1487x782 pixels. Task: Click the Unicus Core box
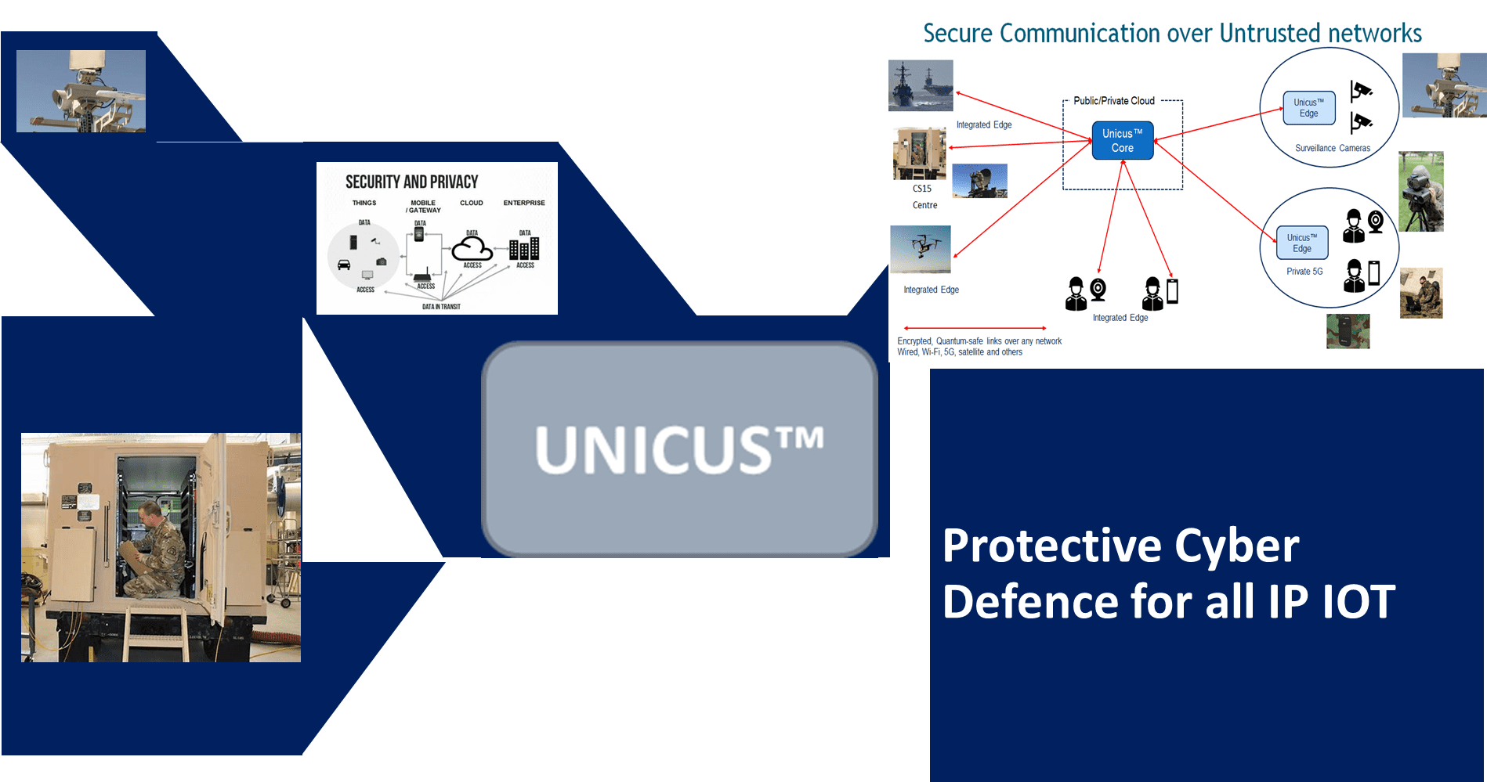coord(1122,141)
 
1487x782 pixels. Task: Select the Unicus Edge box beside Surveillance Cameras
coord(1308,108)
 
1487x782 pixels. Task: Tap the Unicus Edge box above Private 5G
coord(1301,243)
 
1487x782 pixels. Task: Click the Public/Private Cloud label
coord(1113,101)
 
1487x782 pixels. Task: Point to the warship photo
coord(921,85)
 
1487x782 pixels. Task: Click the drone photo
coord(921,248)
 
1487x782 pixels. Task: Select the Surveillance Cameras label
coord(1332,148)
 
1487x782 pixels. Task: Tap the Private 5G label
coord(1304,272)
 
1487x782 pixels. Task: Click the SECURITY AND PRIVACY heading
coord(411,182)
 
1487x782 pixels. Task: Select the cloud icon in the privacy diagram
coord(472,249)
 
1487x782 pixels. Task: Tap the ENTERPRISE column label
coord(523,203)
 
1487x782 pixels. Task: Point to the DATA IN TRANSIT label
coord(441,307)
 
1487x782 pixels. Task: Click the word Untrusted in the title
coord(1268,34)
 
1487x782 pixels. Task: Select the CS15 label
coord(921,189)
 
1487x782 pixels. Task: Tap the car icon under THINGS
coord(344,265)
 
